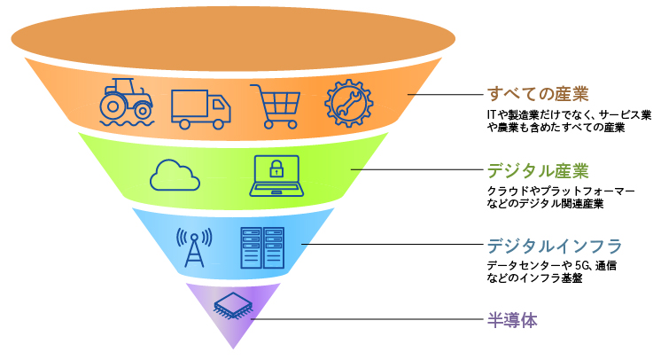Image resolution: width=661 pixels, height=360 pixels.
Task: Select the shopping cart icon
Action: tap(274, 105)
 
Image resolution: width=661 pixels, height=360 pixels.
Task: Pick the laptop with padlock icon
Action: tap(277, 175)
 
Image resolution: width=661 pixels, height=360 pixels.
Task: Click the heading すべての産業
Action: tap(538, 94)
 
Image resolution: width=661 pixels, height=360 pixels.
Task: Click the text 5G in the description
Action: tap(583, 265)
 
